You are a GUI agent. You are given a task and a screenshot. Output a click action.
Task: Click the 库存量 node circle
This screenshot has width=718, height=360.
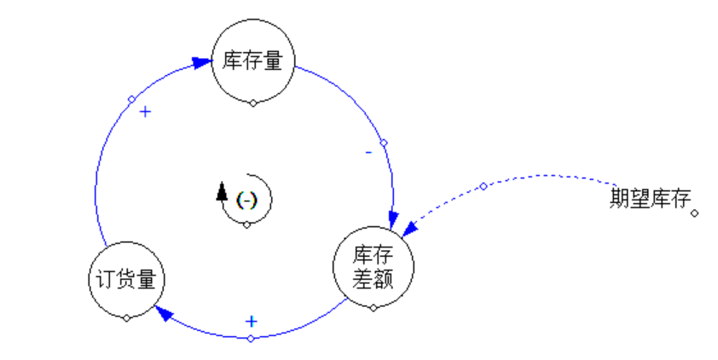(x=252, y=61)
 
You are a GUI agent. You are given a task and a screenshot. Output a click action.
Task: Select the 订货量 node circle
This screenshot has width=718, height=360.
(x=126, y=279)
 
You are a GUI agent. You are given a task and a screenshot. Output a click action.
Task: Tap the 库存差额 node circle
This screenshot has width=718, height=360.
(x=373, y=267)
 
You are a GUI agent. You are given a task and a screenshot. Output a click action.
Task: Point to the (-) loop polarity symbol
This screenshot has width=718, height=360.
(x=246, y=200)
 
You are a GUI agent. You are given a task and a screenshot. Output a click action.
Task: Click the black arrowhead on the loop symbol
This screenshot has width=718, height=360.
(x=223, y=190)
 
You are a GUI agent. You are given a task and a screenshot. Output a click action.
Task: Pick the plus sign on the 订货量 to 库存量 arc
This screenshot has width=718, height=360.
(x=145, y=112)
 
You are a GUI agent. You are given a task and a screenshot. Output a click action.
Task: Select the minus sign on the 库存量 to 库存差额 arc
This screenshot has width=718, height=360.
(x=368, y=153)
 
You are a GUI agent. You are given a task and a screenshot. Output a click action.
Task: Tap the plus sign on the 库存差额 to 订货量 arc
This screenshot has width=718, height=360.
(x=251, y=321)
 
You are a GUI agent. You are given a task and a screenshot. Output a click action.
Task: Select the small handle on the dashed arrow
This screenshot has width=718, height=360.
(x=483, y=186)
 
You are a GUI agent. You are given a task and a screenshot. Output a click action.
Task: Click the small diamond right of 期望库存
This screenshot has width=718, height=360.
(x=694, y=213)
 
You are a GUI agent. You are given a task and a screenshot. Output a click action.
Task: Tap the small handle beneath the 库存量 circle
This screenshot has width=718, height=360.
(x=252, y=103)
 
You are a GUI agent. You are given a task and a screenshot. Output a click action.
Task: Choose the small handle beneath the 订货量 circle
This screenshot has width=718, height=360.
(x=126, y=318)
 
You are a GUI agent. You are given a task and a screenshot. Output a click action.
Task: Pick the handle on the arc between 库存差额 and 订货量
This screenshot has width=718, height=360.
(x=251, y=339)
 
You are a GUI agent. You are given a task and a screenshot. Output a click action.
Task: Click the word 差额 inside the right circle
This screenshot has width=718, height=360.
(x=373, y=278)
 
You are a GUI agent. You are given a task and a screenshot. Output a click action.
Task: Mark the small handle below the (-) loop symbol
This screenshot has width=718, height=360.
(x=246, y=224)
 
